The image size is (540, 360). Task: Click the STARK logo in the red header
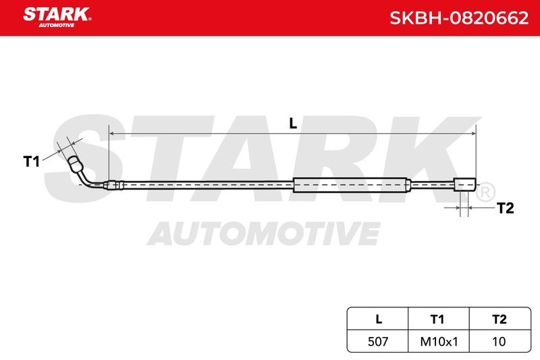tap(57, 17)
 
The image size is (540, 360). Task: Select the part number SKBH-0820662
tap(459, 18)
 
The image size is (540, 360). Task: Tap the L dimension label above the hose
tap(293, 124)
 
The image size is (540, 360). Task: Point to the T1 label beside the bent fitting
tap(31, 161)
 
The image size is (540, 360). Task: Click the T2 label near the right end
tap(505, 208)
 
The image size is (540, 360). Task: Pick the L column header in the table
tap(379, 319)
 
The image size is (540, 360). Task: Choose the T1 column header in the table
tap(437, 319)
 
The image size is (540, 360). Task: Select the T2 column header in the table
tap(500, 319)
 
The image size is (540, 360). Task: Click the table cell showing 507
tap(378, 341)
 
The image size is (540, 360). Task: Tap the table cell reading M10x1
tap(439, 341)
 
